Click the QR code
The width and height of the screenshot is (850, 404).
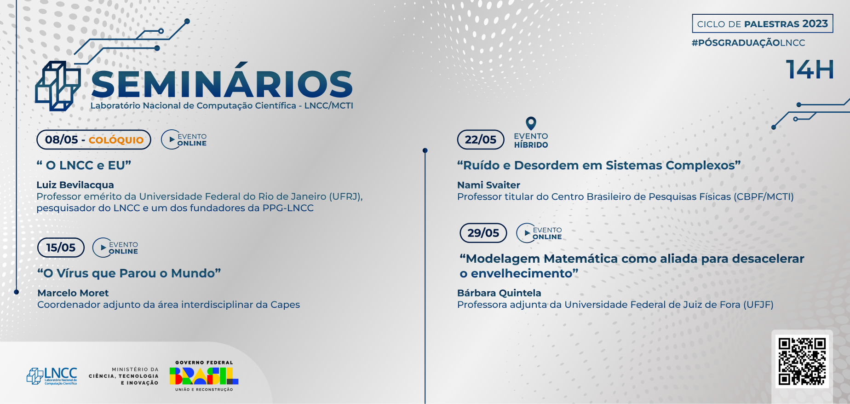click(x=802, y=361)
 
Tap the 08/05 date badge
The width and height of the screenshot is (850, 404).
click(x=94, y=140)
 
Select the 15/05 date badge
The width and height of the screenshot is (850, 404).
click(x=61, y=248)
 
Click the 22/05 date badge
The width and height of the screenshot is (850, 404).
click(x=481, y=139)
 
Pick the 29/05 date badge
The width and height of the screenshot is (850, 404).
click(x=483, y=233)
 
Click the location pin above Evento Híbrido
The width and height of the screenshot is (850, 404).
click(x=531, y=123)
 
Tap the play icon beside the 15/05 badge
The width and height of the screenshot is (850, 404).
click(x=103, y=248)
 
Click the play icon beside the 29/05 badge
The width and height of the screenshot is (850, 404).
click(x=527, y=233)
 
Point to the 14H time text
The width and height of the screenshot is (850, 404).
click(x=810, y=69)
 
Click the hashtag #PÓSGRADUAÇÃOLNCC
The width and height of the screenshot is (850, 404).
click(x=748, y=43)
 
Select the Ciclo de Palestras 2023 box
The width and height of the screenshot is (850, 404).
click(x=763, y=23)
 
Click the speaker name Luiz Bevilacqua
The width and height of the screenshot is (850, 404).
click(x=75, y=185)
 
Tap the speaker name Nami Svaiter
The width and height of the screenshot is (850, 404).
click(x=488, y=185)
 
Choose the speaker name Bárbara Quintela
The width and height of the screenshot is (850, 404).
click(x=499, y=293)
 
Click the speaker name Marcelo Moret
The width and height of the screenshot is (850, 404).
click(x=73, y=293)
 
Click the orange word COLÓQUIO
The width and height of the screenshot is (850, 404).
click(x=116, y=140)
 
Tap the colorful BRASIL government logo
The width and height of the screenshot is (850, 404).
click(x=204, y=376)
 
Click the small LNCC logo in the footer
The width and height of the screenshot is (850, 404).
click(x=52, y=376)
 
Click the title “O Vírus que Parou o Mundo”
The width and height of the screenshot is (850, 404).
click(x=129, y=273)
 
